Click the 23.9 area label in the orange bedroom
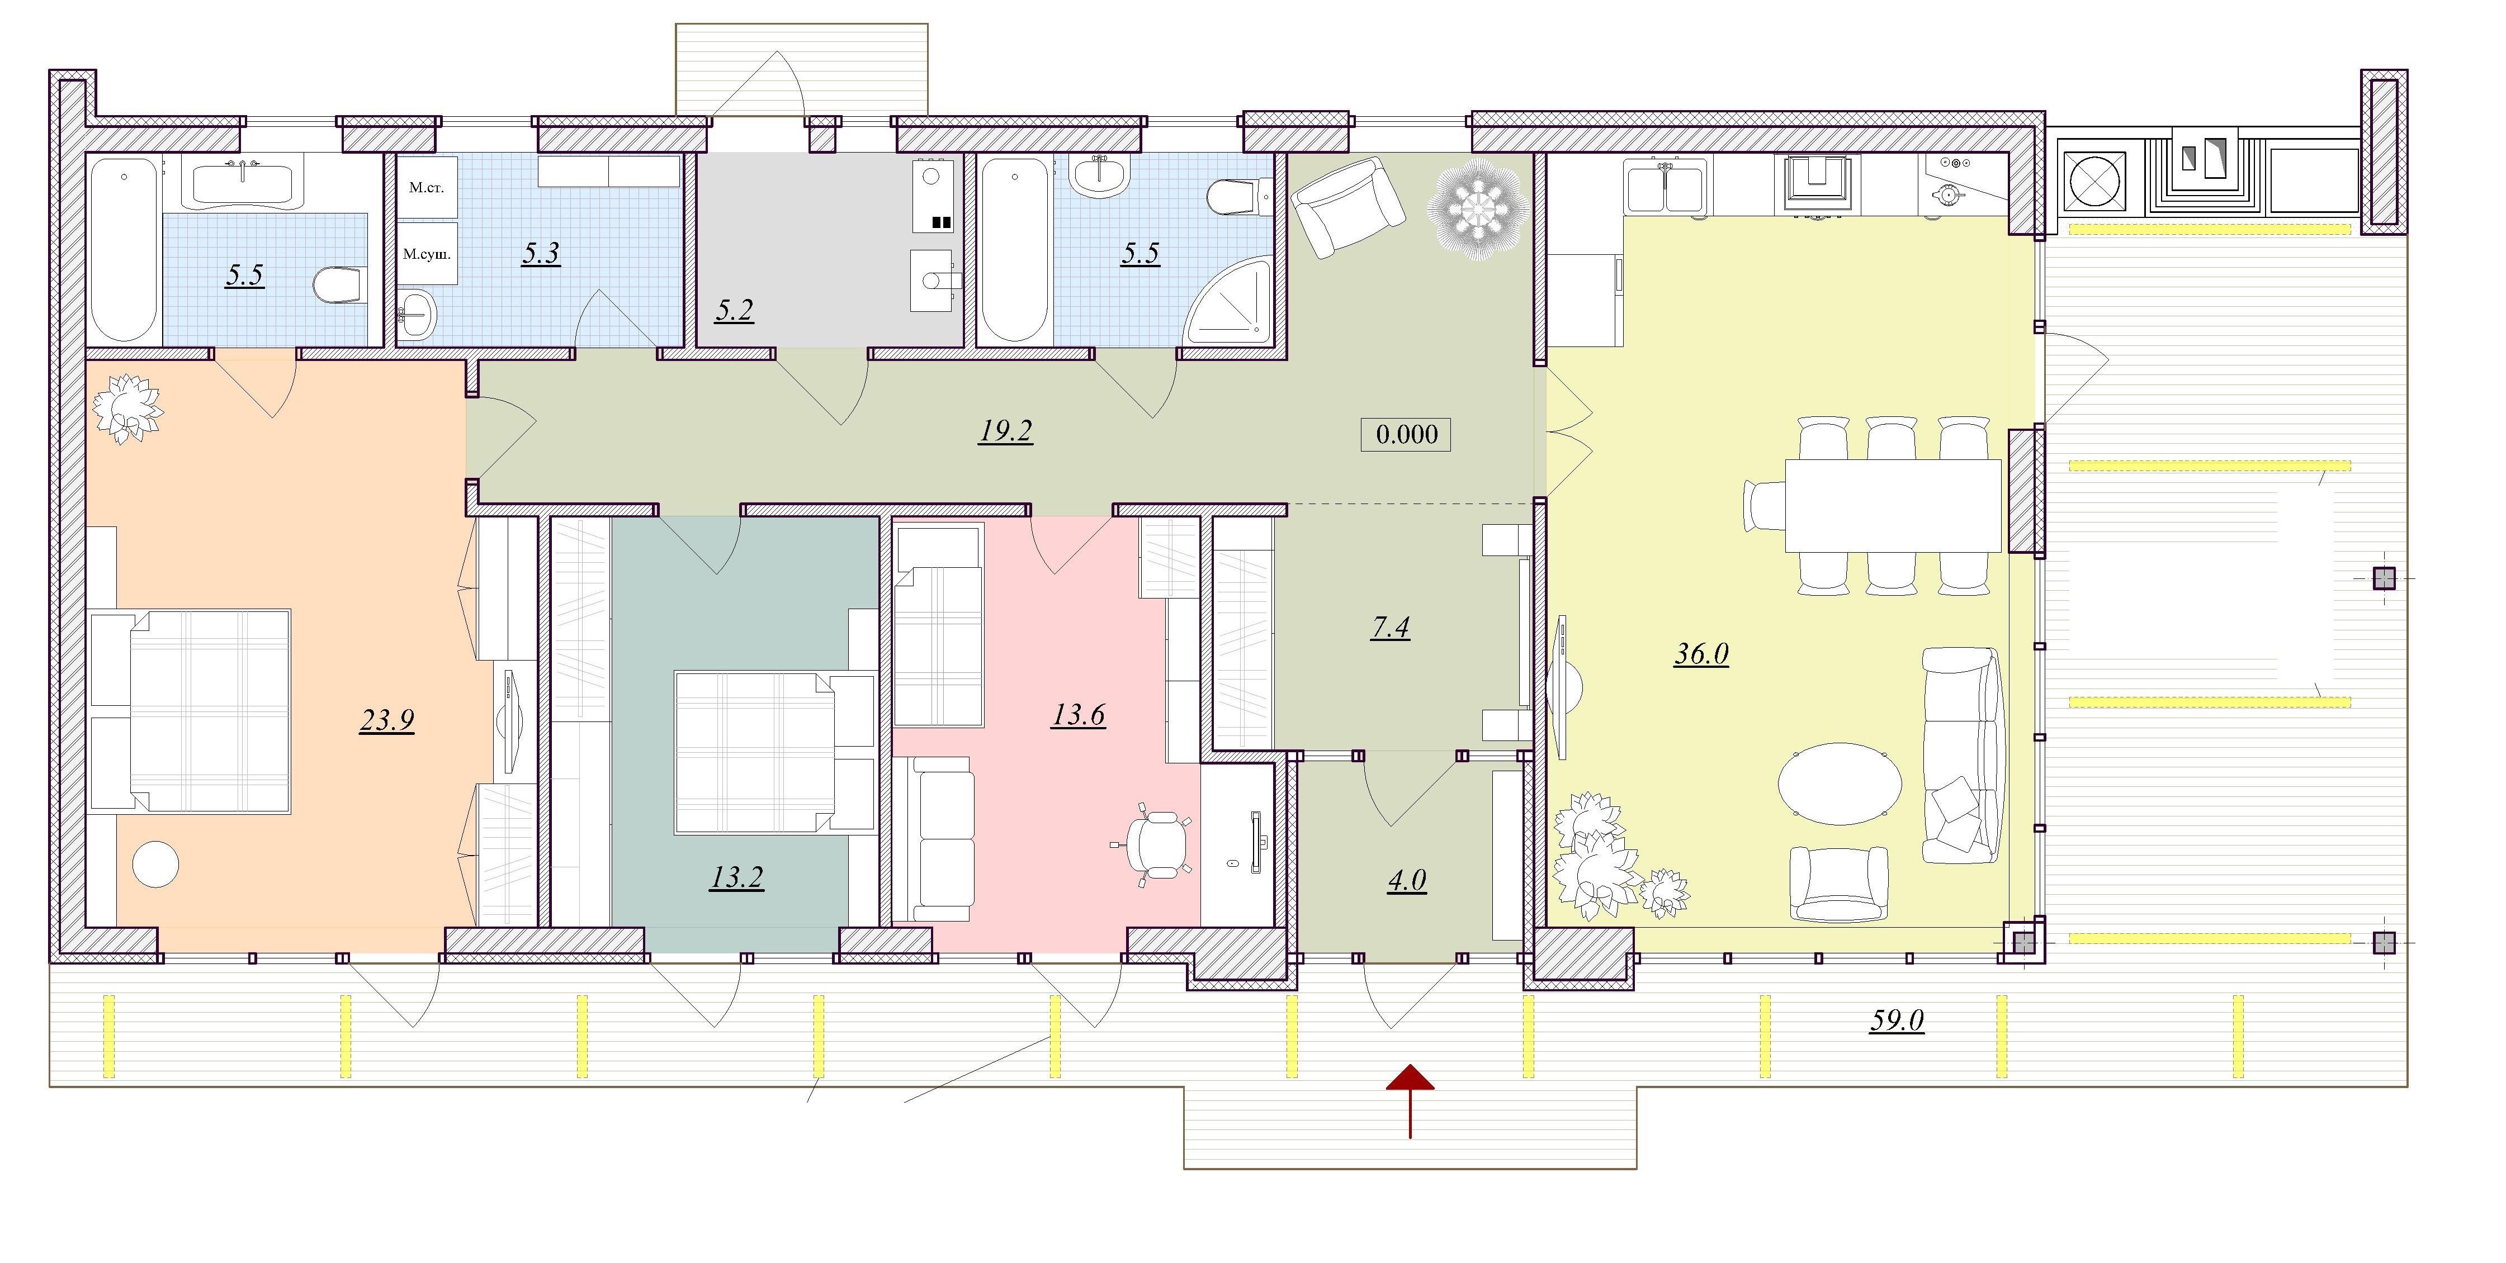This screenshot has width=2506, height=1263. pos(387,720)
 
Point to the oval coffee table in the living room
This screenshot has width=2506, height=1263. pos(1840,784)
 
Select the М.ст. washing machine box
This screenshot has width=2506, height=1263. pos(427,187)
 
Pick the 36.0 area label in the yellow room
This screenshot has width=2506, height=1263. pos(1701,654)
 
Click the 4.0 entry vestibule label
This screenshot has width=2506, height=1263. pos(1407,881)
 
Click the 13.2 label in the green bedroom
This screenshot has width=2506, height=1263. pos(736,878)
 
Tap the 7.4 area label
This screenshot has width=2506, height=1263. pos(1390,628)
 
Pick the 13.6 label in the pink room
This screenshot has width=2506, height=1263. pos(1078,715)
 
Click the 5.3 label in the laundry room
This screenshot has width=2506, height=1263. pos(541,254)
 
